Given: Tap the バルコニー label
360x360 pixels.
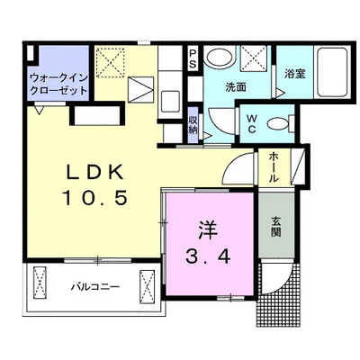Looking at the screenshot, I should [x=90, y=287].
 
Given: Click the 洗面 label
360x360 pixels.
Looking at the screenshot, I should [x=237, y=87].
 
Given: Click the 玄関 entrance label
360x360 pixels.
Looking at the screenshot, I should [x=274, y=230].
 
